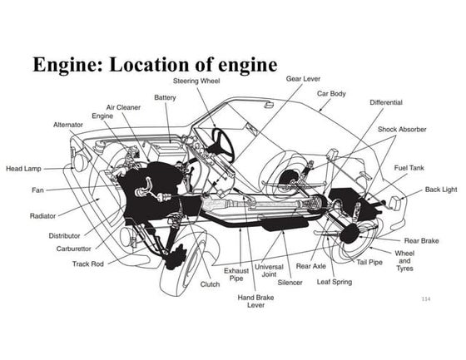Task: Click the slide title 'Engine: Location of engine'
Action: [x=154, y=64]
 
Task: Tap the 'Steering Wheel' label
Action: [x=196, y=81]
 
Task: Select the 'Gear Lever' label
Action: [x=304, y=78]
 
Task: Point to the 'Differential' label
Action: [x=386, y=102]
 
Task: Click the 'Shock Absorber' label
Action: [x=403, y=131]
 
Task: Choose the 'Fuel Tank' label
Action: [x=409, y=168]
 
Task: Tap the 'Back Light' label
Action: [x=440, y=190]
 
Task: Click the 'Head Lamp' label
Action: [x=24, y=168]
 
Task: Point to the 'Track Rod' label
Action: [x=87, y=264]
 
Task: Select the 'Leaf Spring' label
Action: [x=334, y=282]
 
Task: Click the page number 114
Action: [x=426, y=298]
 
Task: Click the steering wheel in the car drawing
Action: [x=222, y=142]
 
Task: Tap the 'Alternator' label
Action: [x=68, y=125]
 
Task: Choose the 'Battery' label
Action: [x=165, y=97]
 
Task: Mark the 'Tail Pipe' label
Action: [x=369, y=262]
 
